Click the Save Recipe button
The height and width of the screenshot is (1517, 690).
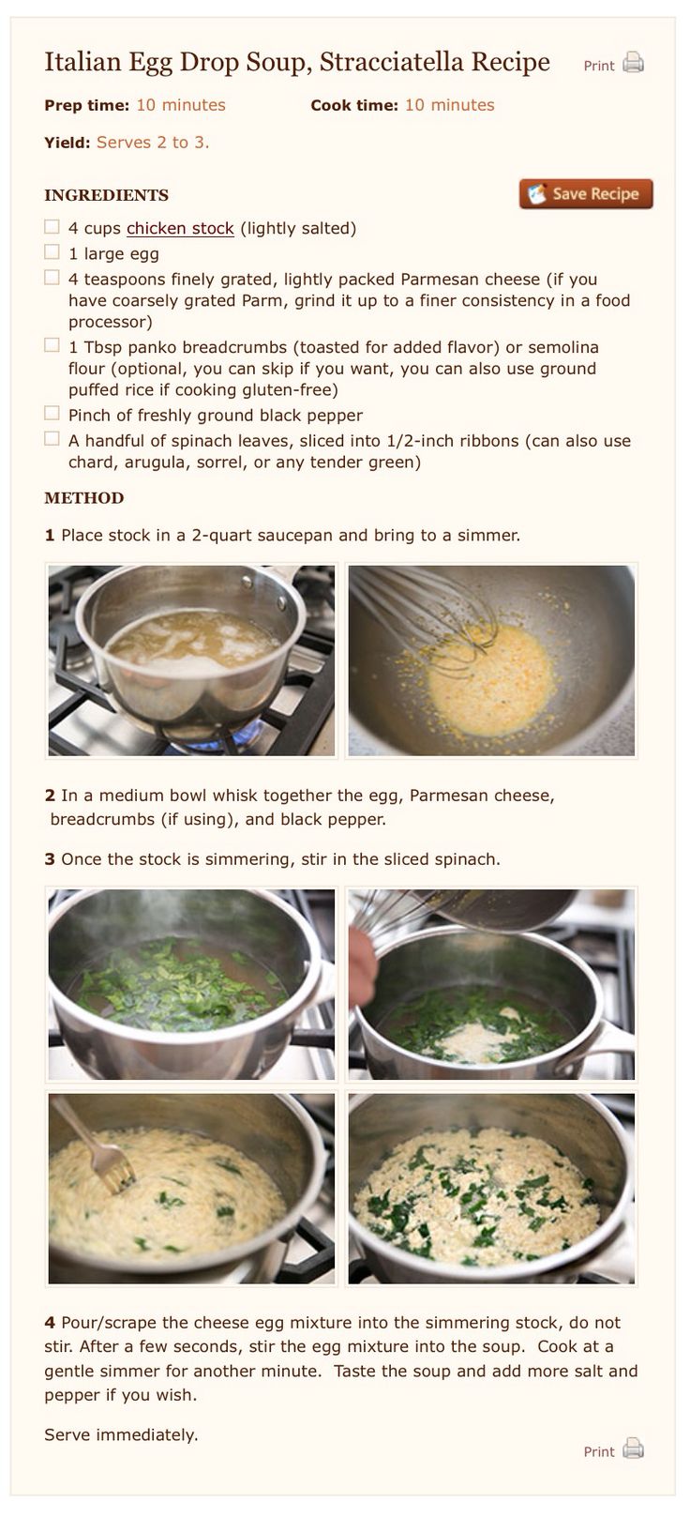pos(586,193)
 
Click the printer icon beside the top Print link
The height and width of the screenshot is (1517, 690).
pos(633,63)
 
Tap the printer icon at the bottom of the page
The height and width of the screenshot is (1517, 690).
pos(633,1449)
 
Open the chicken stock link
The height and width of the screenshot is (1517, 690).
pos(180,228)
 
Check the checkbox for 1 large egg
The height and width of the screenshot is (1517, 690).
pos(52,252)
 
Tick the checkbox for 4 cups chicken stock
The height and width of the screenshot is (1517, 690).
pos(52,226)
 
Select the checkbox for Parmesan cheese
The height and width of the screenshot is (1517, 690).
pos(52,278)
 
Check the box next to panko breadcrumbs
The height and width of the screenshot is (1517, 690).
pos(52,345)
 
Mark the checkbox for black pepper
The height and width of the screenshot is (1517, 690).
pos(52,413)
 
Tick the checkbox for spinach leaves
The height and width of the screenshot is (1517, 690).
pos(52,439)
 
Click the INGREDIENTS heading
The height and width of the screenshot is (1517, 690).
pos(106,195)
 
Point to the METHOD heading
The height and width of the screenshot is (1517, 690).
pos(83,498)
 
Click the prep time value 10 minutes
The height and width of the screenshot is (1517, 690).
pos(181,105)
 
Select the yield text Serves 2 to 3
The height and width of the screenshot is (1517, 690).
pos(153,143)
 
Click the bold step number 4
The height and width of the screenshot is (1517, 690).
pos(50,1323)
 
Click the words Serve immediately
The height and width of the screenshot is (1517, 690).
pos(121,1435)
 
